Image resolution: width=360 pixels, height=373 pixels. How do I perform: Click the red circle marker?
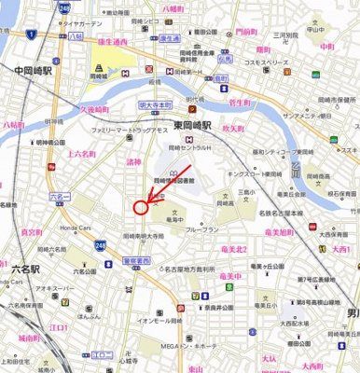click(x=142, y=208)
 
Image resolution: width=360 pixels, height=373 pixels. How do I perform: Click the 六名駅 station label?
click(x=25, y=268)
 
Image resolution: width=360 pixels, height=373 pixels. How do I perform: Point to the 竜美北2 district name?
click(x=230, y=249)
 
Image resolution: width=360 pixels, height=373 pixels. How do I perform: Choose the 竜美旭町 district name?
click(x=279, y=230)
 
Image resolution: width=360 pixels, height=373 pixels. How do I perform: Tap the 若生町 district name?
click(x=241, y=105)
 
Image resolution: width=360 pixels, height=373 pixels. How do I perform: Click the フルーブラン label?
click(x=201, y=229)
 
